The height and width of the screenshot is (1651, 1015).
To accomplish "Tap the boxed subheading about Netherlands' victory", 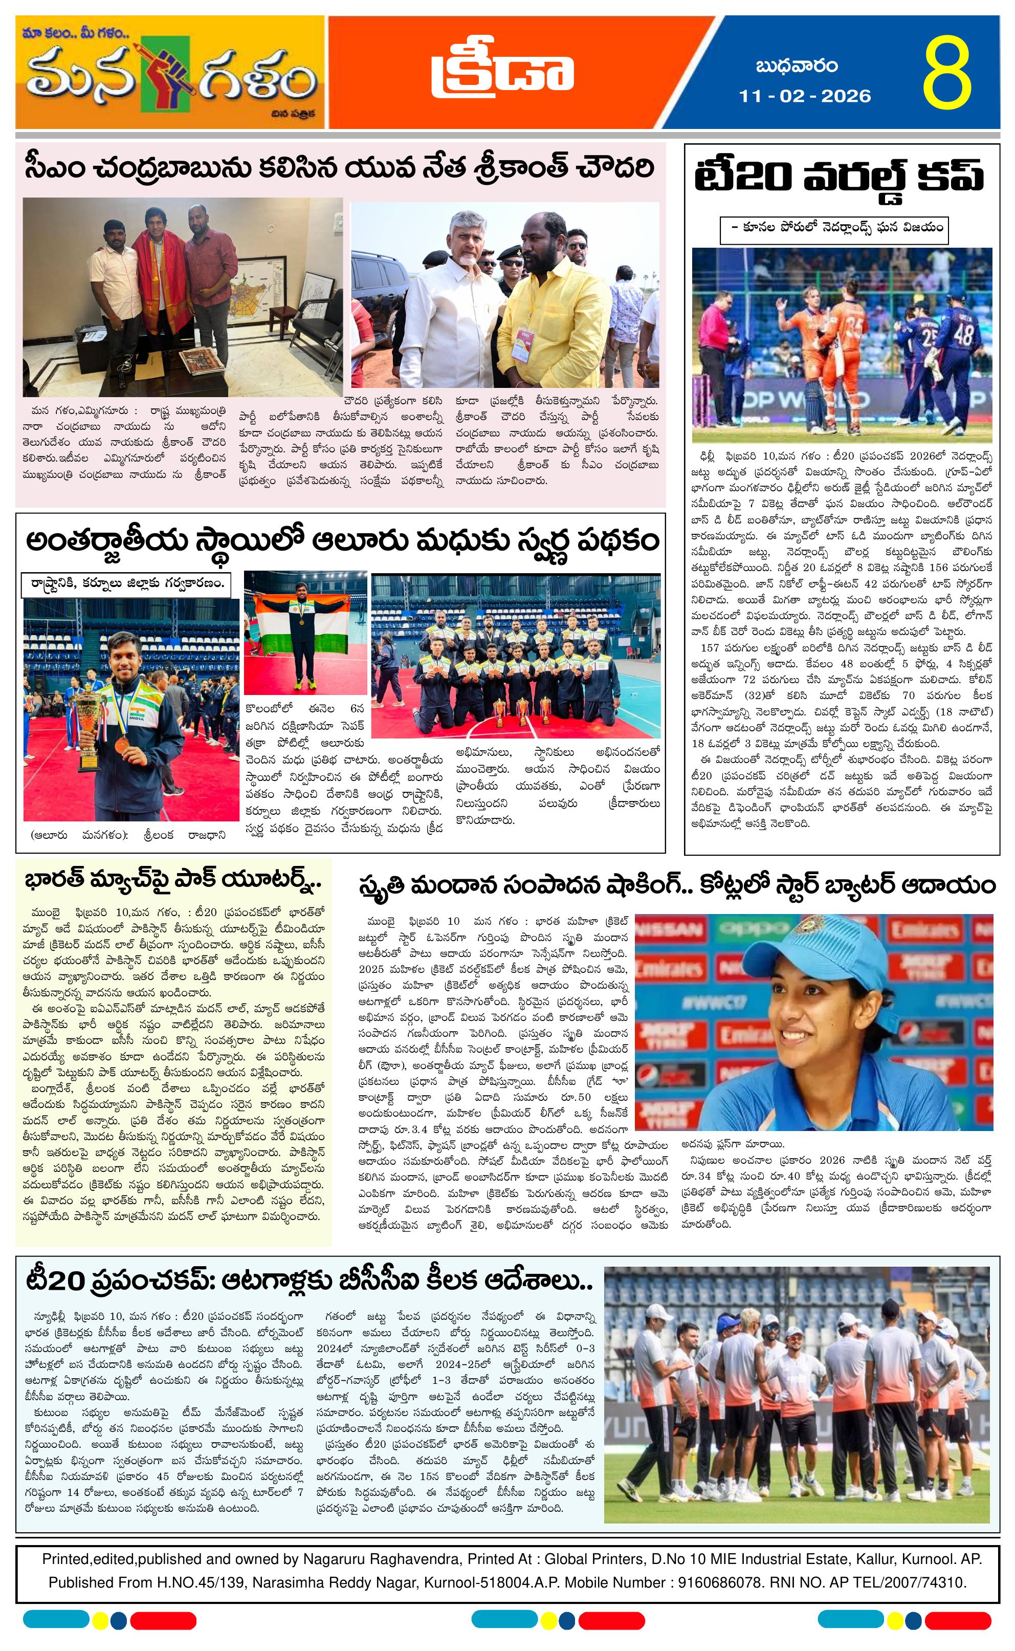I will click(x=834, y=228).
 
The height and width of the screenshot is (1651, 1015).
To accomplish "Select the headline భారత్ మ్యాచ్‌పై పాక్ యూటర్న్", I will click(x=172, y=880).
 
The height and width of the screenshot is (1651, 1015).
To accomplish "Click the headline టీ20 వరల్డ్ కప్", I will click(x=839, y=177).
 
